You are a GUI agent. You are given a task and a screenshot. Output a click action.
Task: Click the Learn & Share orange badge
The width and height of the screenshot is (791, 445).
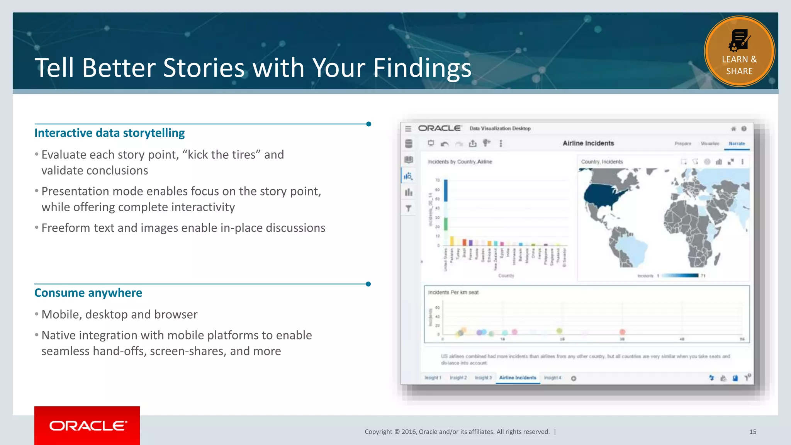click(739, 51)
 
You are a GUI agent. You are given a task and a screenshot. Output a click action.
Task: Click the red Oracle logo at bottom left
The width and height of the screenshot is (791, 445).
click(87, 425)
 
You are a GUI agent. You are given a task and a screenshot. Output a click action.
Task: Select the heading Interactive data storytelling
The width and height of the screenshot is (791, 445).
click(109, 133)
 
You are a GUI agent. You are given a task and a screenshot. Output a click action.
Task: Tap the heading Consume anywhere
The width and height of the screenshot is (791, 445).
click(88, 293)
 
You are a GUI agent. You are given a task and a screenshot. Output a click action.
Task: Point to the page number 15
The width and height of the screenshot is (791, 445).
click(752, 432)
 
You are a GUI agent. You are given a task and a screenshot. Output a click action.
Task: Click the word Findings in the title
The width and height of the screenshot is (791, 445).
click(422, 68)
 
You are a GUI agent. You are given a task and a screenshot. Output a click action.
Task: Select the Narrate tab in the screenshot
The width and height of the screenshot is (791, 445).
click(737, 144)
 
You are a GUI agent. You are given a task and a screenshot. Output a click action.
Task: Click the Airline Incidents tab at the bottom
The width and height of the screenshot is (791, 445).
click(517, 378)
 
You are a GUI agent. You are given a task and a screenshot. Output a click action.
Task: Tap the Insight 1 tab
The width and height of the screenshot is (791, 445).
click(433, 378)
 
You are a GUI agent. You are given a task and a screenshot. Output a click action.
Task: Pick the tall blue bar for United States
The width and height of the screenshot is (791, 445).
click(446, 190)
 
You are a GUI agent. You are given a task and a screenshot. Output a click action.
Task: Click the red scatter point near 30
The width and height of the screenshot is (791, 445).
click(622, 332)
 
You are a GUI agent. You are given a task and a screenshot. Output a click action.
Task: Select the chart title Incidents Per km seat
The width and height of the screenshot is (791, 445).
click(453, 292)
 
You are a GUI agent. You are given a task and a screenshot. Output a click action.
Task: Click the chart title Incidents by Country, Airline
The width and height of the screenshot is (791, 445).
click(460, 162)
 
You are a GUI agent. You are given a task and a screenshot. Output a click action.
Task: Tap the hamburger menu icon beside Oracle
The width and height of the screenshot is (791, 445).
click(408, 129)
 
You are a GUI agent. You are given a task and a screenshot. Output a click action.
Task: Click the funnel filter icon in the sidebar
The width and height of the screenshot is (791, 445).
click(408, 209)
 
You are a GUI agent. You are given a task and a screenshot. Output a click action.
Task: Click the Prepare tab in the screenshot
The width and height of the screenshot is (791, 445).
click(682, 144)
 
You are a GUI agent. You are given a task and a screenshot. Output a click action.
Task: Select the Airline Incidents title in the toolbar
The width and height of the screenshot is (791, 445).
click(588, 143)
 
